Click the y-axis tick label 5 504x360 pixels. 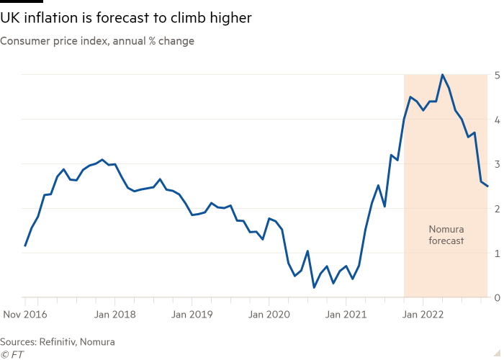click(498, 75)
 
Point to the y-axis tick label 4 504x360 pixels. click(498, 120)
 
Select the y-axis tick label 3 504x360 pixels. click(498, 164)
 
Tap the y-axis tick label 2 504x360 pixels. click(498, 209)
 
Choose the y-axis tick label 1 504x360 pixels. click(498, 253)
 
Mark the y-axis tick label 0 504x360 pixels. click(498, 297)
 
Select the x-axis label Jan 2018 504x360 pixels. click(115, 314)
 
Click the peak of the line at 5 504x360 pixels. click(442, 75)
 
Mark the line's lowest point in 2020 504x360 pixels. click(314, 287)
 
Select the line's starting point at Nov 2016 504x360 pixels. click(25, 246)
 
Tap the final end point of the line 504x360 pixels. click(488, 186)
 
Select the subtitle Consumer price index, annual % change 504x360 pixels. click(97, 41)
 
